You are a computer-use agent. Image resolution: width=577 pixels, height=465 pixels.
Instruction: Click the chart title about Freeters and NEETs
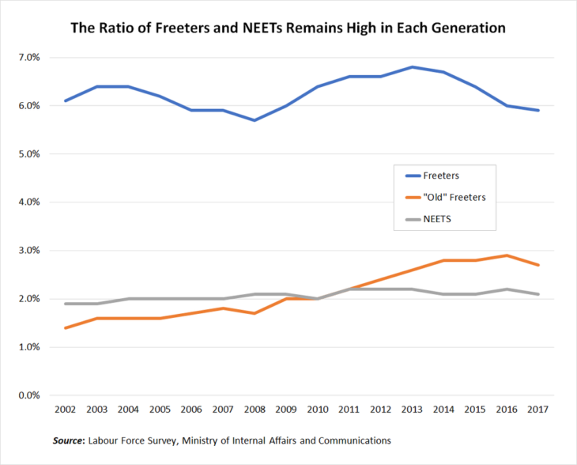click(288, 28)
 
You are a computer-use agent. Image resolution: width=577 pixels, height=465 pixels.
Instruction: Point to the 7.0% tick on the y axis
click(28, 58)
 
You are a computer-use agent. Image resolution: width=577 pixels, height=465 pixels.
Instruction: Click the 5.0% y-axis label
click(28, 154)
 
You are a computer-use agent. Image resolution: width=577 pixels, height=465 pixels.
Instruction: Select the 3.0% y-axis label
click(28, 251)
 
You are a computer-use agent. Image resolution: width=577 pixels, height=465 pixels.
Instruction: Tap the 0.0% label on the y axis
click(28, 395)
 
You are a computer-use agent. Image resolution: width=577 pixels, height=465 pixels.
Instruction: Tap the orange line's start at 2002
click(65, 327)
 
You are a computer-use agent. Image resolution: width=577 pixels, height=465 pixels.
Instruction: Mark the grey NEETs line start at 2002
click(65, 304)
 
